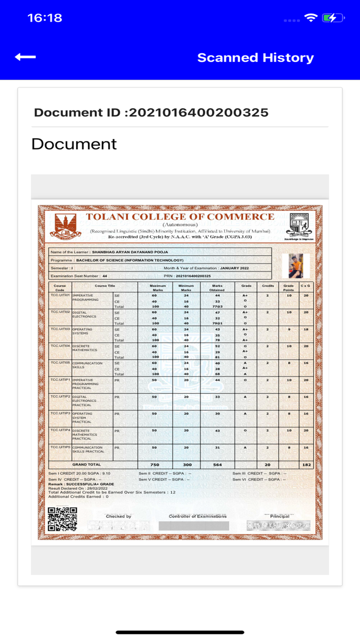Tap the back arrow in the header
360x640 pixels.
25,57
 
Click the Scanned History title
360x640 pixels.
256,58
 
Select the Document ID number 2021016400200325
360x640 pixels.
198,113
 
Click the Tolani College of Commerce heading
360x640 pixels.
180,217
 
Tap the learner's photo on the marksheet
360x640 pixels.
296,265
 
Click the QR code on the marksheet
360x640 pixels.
62,519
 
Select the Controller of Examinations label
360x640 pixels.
197,516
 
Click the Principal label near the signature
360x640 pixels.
280,516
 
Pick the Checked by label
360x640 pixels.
118,516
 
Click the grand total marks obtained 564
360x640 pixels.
218,465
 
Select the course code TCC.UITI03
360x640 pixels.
60,329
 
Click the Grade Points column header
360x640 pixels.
289,287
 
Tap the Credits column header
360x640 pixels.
267,285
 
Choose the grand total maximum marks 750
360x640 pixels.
154,465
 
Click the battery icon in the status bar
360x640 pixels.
333,18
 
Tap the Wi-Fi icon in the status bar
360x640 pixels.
311,18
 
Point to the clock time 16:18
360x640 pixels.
45,18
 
